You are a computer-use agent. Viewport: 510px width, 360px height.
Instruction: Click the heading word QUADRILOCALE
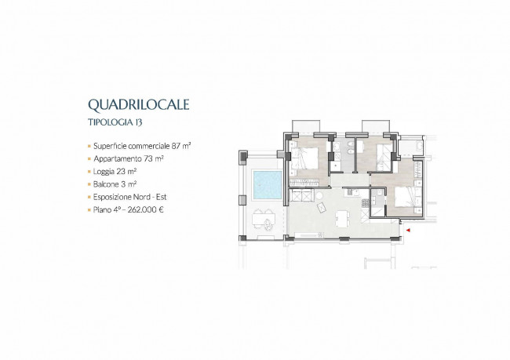[x=139, y=105]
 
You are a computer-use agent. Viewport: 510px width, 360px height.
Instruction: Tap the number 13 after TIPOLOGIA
[x=139, y=122]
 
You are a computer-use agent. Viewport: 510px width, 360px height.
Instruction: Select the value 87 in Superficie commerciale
[x=176, y=146]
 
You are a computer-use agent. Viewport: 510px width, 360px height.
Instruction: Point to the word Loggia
[x=104, y=172]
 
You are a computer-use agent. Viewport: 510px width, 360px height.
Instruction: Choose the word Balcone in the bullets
[x=106, y=184]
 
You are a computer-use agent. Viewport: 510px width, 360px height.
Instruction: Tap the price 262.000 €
[x=145, y=209]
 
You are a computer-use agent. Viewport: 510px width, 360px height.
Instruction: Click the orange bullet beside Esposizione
[x=89, y=198]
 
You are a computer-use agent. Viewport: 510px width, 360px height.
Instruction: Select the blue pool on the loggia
[x=268, y=185]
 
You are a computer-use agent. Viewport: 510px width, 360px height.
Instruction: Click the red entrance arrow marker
[x=408, y=231]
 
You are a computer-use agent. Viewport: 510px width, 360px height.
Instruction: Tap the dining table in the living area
[x=341, y=219]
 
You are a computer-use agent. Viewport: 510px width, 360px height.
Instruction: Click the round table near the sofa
[x=319, y=196]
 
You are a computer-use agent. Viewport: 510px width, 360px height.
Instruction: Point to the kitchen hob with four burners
[x=366, y=203]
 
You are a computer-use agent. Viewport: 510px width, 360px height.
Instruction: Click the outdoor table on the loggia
[x=264, y=219]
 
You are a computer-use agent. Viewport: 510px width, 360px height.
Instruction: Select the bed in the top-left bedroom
[x=304, y=158]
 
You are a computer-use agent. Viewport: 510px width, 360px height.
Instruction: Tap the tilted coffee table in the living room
[x=321, y=208]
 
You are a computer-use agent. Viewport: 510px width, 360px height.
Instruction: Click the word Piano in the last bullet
[x=102, y=209]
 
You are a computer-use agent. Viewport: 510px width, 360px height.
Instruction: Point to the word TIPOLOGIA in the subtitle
[x=111, y=122]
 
